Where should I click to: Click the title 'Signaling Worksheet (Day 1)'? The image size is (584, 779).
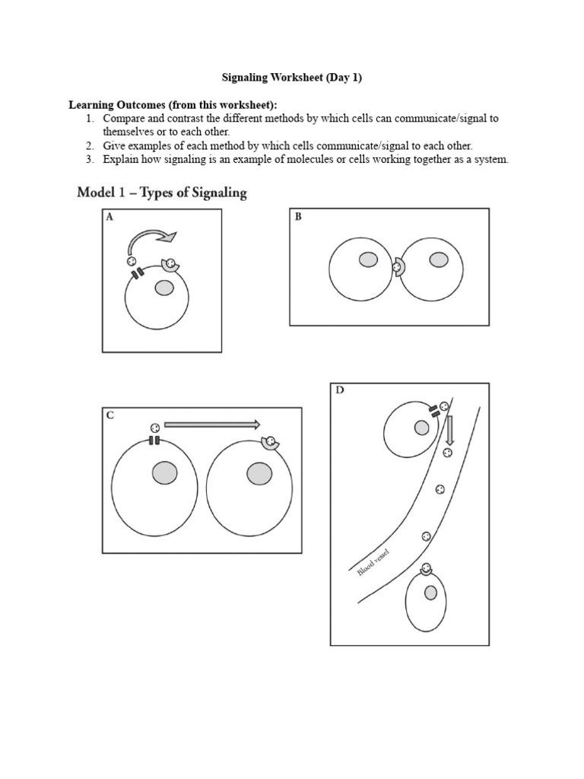pos(291,78)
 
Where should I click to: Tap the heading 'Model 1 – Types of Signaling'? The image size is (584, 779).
pos(162,192)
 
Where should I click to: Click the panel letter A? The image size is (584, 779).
pos(109,217)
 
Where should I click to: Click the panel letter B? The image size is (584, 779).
pos(298,217)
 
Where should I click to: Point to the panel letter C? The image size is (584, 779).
pos(110,415)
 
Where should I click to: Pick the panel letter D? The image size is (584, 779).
pos(339,391)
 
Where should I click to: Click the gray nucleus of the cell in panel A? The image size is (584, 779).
pos(164,288)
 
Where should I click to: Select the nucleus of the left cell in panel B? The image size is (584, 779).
pos(368,260)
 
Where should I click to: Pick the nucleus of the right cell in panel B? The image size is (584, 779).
pos(438,260)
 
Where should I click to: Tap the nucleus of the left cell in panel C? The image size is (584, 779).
pos(163,474)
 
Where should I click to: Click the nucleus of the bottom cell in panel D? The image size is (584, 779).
pos(430,593)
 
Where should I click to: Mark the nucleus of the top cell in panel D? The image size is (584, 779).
pos(421,428)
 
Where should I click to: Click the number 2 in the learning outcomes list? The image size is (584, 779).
pos(89,145)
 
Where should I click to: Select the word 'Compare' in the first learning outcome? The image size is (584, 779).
pos(124,119)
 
